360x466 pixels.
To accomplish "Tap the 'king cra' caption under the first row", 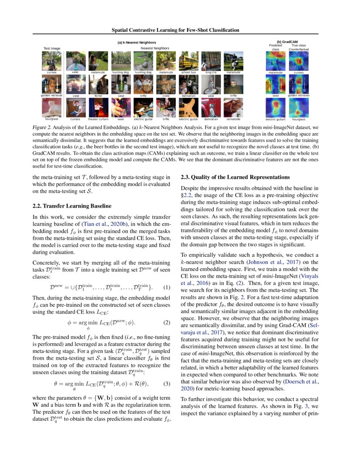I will [x=211, y=72].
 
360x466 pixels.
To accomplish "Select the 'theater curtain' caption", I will [x=98, y=119].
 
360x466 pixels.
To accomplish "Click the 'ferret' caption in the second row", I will [x=98, y=96].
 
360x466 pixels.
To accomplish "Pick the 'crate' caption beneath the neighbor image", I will [x=166, y=96].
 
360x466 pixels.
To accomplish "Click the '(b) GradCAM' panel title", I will [x=288, y=42].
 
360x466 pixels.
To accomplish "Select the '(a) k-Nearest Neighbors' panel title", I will [x=136, y=42].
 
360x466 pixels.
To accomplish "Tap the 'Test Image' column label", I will [x=52, y=49].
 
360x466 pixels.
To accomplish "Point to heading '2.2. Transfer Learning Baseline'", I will [x=72, y=206].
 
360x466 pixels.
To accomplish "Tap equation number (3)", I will [x=166, y=384].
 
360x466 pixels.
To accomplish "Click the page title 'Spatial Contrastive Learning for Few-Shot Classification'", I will [x=175, y=30].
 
